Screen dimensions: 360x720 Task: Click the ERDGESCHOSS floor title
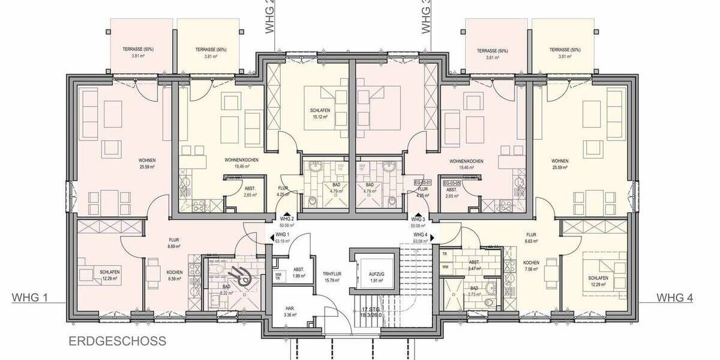pos(117,341)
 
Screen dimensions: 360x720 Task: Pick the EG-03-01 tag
pos(423,181)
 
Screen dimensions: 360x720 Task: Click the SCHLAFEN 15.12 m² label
pos(318,114)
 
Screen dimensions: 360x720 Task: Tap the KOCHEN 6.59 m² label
pos(175,275)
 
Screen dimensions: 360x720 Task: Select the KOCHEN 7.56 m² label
pos(531,266)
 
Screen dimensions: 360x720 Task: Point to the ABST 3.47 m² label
pos(473,265)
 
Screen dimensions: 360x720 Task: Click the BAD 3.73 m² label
pos(473,292)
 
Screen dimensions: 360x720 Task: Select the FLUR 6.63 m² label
pos(531,238)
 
